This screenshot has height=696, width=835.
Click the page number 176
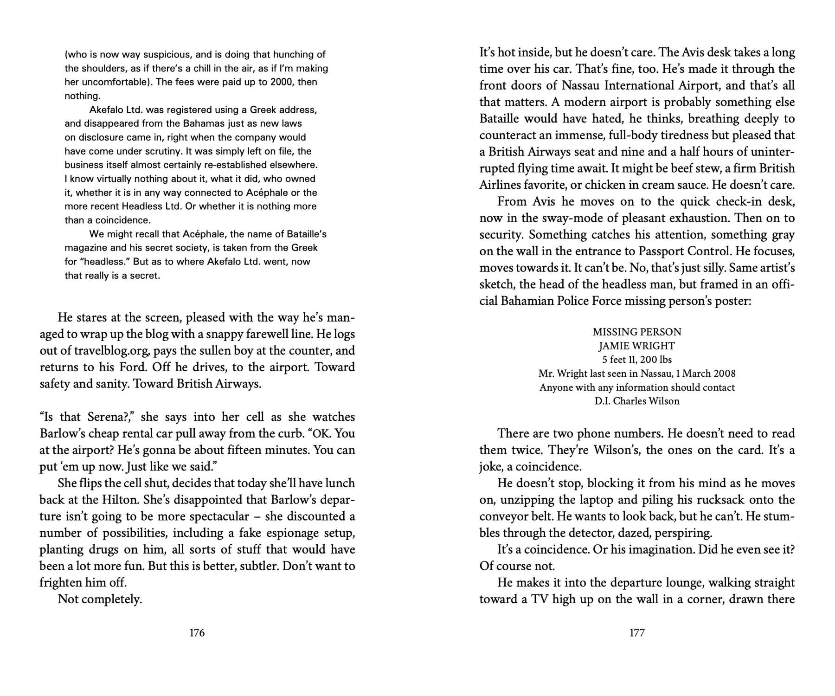pyautogui.click(x=197, y=632)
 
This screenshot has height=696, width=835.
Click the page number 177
pyautogui.click(x=637, y=632)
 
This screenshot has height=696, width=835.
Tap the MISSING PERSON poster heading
pyautogui.click(x=637, y=332)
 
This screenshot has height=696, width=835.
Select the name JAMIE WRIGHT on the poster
pyautogui.click(x=637, y=346)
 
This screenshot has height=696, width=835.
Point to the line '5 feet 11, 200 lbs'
pyautogui.click(x=637, y=360)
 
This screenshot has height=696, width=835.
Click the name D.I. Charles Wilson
pyautogui.click(x=637, y=401)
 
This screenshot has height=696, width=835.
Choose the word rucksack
pyautogui.click(x=725, y=500)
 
